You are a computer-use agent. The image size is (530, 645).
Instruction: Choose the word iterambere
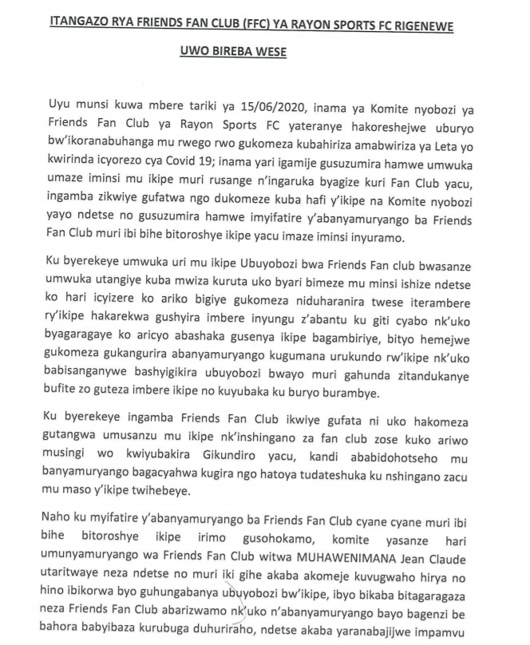pyautogui.click(x=449, y=322)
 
